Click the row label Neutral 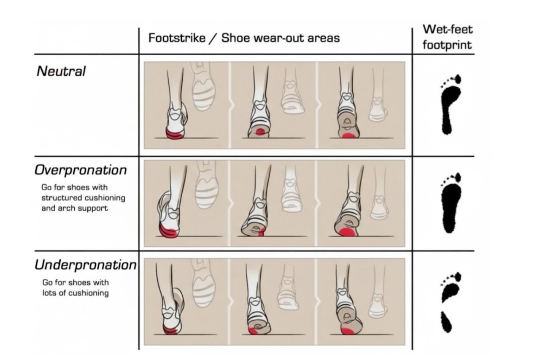click(61, 71)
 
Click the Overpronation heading click(81, 170)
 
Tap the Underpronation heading click(86, 265)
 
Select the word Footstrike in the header click(177, 38)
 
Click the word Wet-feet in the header click(448, 30)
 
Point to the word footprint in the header click(447, 45)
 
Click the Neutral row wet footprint click(450, 104)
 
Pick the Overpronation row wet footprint click(451, 203)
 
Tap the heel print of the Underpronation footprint click(446, 322)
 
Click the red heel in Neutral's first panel click(175, 134)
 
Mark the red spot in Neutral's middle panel click(260, 132)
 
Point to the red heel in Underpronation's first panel click(171, 329)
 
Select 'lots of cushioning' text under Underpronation click(76, 293)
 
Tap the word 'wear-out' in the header click(280, 38)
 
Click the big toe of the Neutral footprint click(457, 79)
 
